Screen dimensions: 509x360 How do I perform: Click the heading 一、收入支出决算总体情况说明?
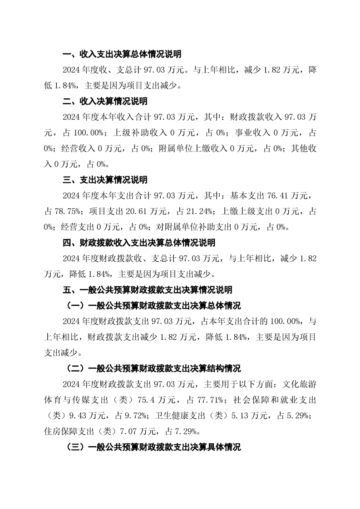pyautogui.click(x=122, y=54)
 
